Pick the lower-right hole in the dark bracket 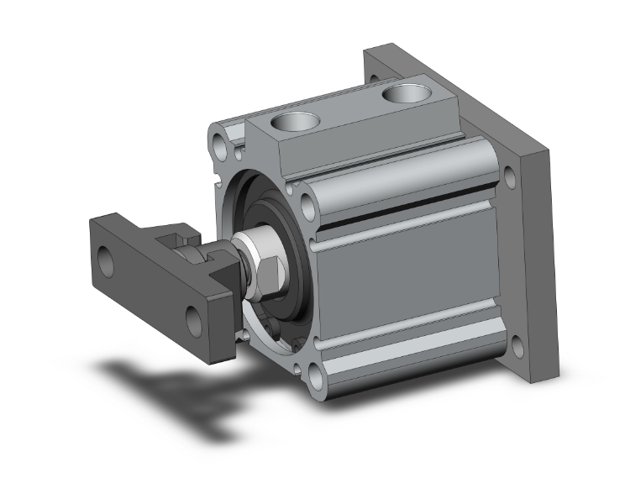pos(194,319)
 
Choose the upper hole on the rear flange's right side pos(510,178)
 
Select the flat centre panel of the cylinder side pos(403,286)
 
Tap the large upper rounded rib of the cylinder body pos(395,172)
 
